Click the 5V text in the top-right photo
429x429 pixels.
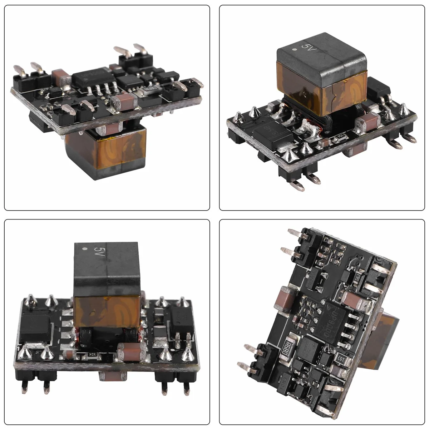(307, 46)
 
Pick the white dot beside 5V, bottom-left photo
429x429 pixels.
(84, 249)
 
